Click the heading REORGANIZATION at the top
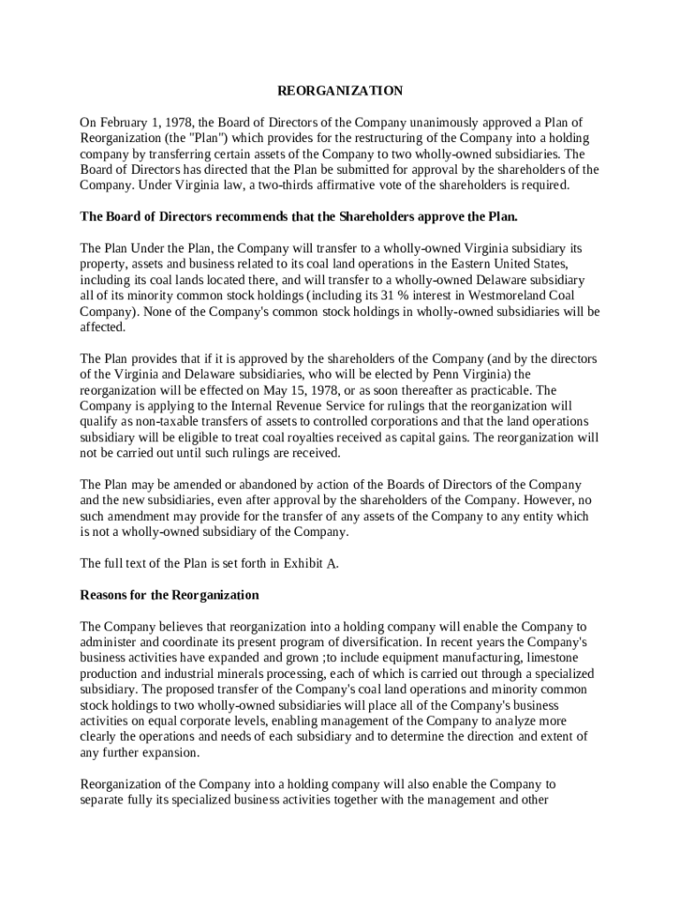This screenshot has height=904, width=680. [340, 91]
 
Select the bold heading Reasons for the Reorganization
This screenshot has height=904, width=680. [170, 595]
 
